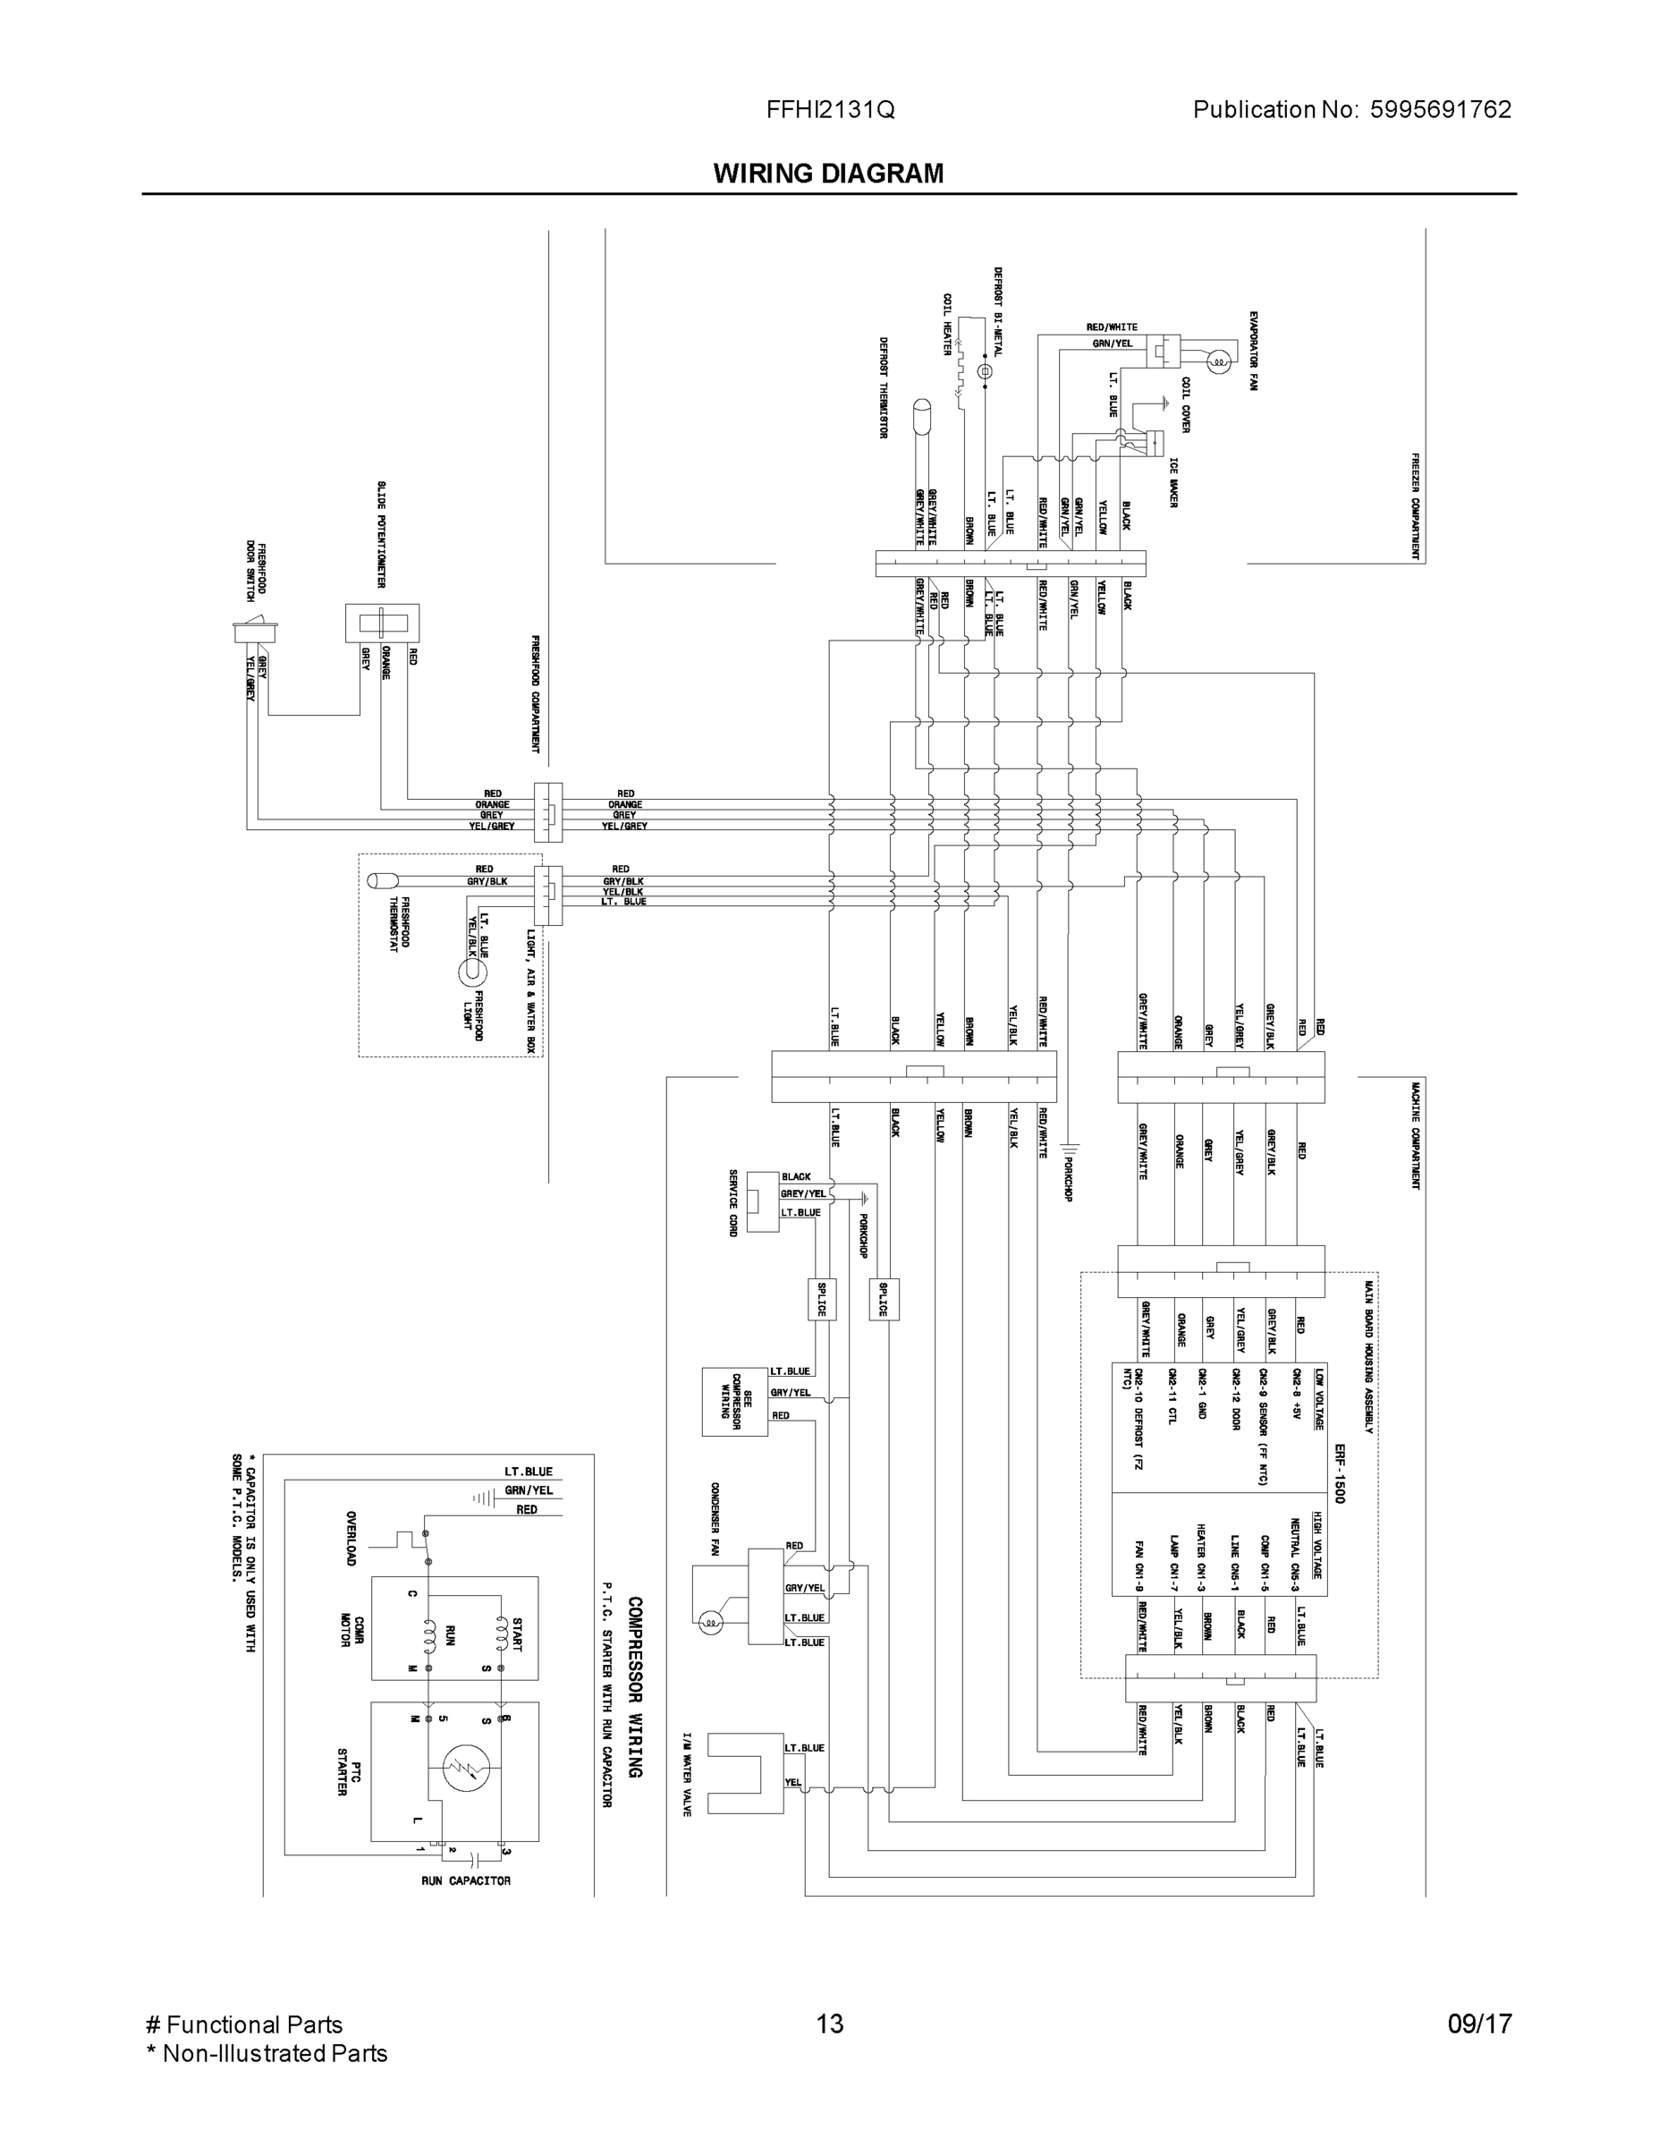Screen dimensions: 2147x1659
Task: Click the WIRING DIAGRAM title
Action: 827,174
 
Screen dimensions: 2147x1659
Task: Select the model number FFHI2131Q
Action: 830,110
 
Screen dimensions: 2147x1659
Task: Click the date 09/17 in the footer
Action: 1479,2024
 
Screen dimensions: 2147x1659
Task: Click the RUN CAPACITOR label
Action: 466,1880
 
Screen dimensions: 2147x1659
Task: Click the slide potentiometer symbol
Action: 381,624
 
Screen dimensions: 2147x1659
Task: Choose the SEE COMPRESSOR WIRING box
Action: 734,1401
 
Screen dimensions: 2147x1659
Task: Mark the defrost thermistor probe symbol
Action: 922,415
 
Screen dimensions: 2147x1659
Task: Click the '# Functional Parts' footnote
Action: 244,2024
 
